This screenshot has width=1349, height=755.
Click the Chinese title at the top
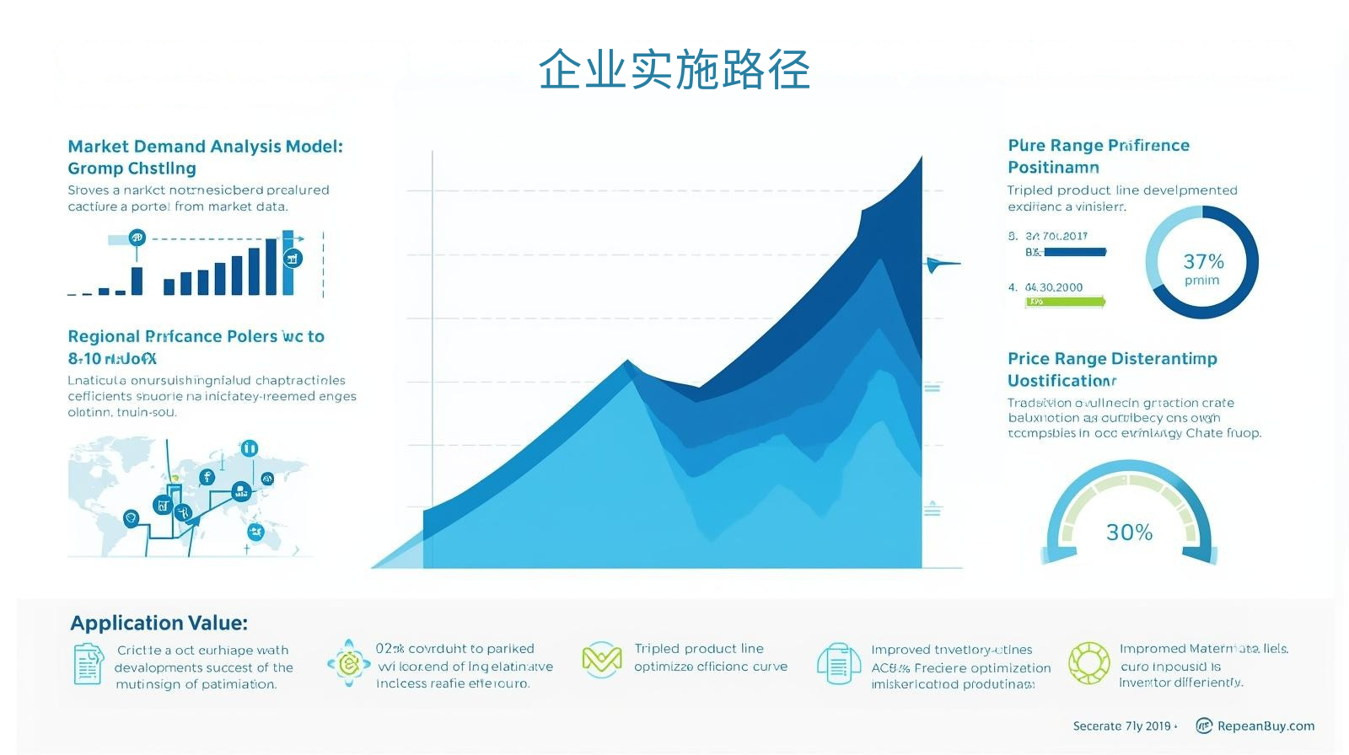[x=674, y=69]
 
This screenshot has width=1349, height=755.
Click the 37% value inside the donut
[x=1203, y=262]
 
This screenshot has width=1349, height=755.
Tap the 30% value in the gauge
[x=1129, y=533]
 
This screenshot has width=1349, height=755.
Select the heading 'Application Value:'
[x=159, y=623]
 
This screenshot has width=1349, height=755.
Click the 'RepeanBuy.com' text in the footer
[x=1265, y=726]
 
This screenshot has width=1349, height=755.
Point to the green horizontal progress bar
[x=1065, y=302]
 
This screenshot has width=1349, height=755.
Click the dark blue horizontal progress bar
[x=1073, y=252]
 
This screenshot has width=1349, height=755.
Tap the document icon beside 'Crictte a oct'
[x=88, y=665]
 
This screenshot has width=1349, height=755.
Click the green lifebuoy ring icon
[x=1088, y=662]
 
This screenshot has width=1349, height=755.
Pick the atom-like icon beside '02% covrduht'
[x=348, y=664]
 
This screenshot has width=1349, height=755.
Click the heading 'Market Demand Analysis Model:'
[x=205, y=147]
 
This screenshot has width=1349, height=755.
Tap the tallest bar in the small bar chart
[x=288, y=263]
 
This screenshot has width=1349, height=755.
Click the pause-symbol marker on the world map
[x=249, y=448]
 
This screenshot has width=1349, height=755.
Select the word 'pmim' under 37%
[x=1201, y=281]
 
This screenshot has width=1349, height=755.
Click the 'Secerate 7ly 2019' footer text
[x=1122, y=726]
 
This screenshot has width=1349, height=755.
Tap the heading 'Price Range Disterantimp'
[x=1112, y=359]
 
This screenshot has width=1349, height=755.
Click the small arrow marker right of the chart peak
[x=941, y=265]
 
